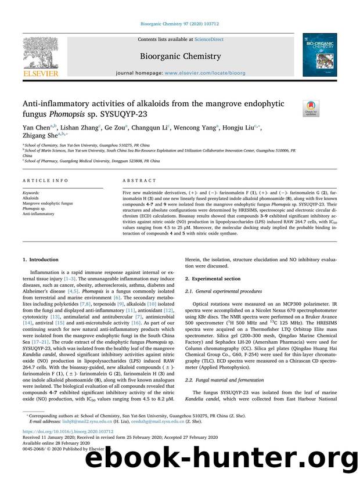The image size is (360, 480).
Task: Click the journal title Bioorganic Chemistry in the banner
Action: click(179, 56)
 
